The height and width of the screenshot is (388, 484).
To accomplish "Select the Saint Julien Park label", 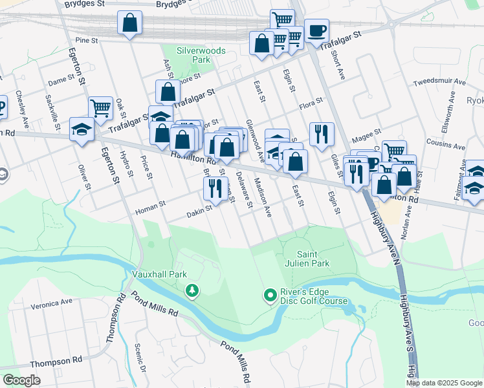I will pos(313,258).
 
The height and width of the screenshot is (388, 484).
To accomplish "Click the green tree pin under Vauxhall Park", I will pos(192,291).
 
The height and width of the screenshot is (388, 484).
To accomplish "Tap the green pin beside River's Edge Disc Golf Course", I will pos(270,296).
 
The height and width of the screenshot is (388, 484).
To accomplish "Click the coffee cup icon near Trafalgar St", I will pos(316,30).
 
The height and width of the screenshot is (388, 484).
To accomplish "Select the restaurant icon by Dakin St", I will pos(214,188).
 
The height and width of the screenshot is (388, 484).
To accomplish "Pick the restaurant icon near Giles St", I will pos(321,134).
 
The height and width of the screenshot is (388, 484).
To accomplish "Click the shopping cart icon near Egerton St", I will pos(100,108).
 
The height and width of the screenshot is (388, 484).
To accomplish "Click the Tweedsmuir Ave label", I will pos(439,83).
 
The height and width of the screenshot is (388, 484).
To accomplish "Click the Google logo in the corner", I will pos(21,380).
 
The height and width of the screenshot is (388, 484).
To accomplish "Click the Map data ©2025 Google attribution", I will pos(444,383).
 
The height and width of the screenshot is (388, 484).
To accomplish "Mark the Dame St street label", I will pos(61,81).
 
